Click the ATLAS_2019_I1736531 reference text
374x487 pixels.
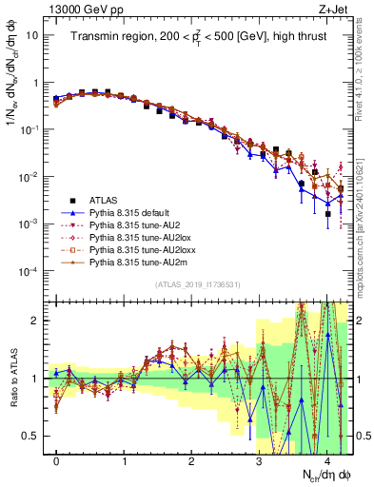[198, 284]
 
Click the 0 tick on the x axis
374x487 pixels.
[56, 460]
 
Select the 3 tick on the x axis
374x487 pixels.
[258, 460]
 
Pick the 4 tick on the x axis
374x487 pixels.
[325, 460]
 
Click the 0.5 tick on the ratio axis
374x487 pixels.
[32, 436]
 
